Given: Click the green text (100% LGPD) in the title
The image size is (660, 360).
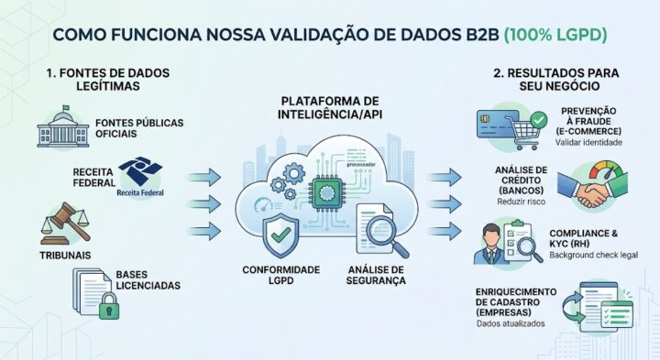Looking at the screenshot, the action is (555, 35).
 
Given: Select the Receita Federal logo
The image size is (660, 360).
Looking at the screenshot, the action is (140, 177).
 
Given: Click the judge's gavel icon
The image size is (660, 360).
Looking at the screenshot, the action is (66, 223).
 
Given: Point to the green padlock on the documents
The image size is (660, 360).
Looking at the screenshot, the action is (109, 306).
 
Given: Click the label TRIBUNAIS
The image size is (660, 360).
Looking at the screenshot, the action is (65, 256).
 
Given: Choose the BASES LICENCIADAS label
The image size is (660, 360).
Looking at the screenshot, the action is (148, 280).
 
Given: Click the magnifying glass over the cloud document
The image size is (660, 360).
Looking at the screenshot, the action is (388, 236).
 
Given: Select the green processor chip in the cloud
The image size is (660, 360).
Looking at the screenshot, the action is (324, 193).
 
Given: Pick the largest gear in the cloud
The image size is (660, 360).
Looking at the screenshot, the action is (294, 172).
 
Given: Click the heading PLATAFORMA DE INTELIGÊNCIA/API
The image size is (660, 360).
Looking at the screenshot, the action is (330, 108).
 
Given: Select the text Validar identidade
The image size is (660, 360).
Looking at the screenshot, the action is (588, 143).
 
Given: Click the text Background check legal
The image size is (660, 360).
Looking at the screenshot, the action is (593, 256).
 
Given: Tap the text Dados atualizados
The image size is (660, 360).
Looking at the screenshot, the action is (511, 324).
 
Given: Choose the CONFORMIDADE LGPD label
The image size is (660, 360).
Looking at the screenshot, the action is (281, 275).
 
